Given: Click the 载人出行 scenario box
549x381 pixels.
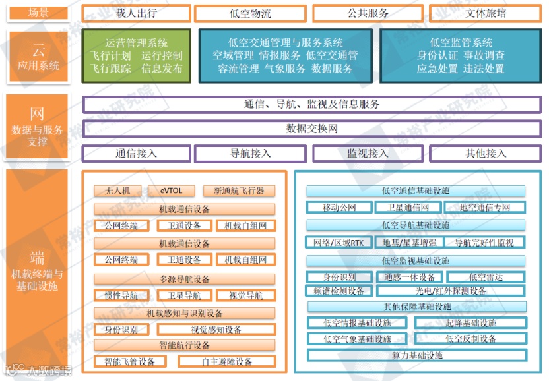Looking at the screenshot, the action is (136, 13).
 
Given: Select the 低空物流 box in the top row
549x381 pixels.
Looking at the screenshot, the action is (250, 13).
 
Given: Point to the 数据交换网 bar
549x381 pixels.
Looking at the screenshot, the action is (311, 129).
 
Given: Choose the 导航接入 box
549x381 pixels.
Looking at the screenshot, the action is (250, 154).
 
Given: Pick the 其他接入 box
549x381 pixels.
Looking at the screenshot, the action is (486, 154).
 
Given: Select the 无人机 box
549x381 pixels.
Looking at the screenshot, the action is (117, 191).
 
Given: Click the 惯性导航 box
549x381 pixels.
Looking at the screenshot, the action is (121, 295).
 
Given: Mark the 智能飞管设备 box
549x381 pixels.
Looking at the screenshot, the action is (129, 362).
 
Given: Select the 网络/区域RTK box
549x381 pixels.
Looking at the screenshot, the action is (339, 243).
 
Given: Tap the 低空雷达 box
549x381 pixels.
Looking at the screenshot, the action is (486, 278).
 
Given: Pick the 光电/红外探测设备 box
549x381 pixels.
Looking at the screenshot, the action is (451, 291).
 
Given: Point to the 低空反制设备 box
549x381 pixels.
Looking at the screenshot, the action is (470, 339).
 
